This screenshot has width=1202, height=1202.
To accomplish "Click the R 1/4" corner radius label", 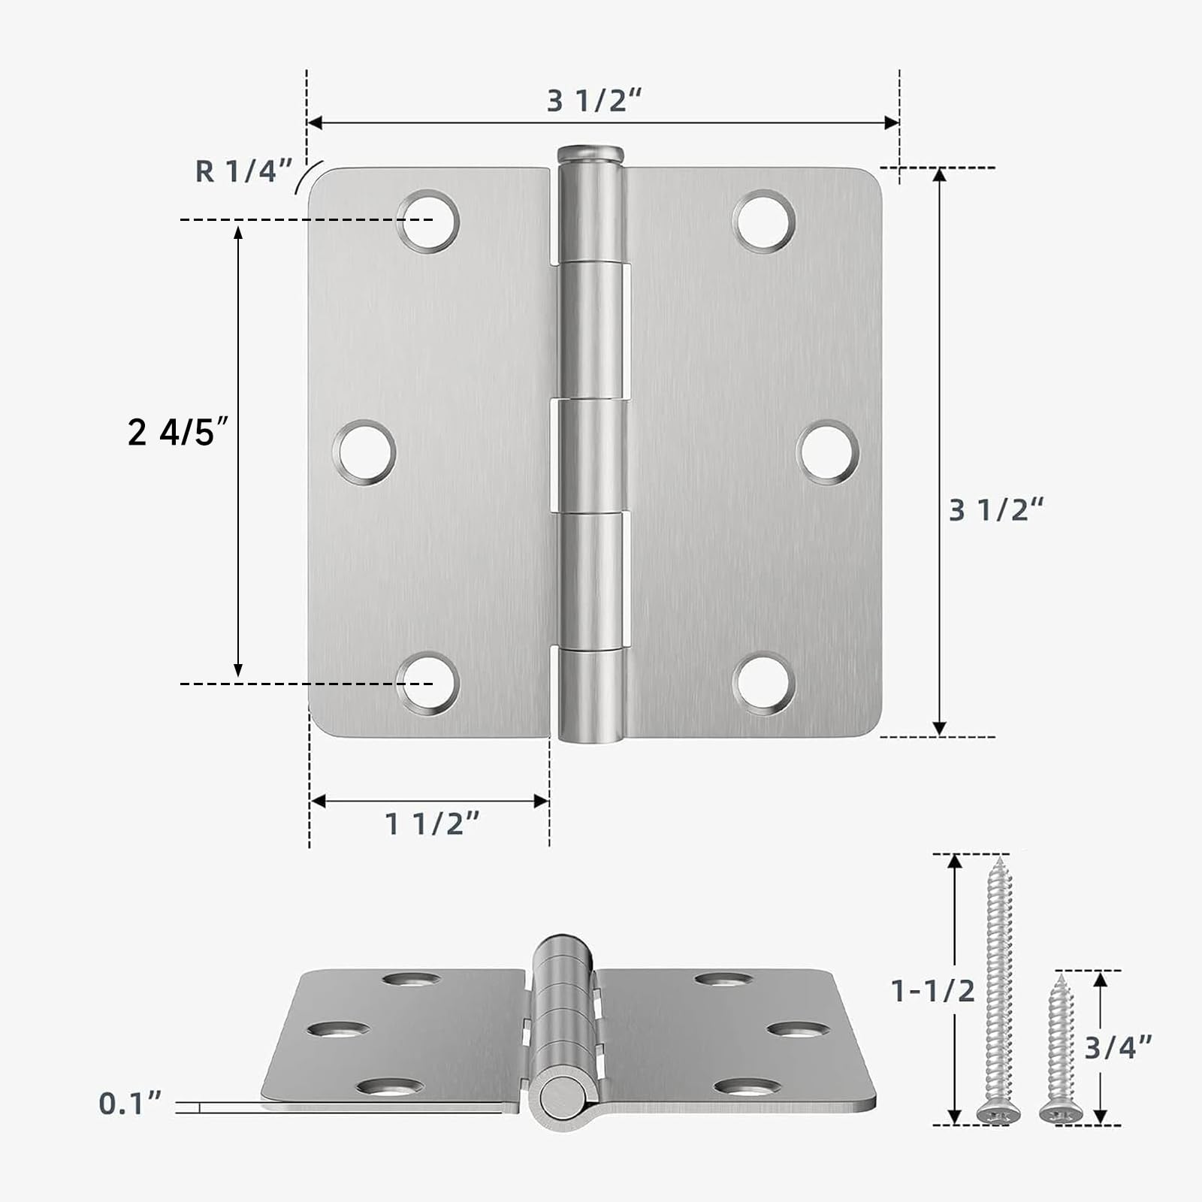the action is tap(243, 171).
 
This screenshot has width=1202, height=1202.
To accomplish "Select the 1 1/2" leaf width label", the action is tap(432, 824).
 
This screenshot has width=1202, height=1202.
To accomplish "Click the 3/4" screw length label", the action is tap(1118, 1046).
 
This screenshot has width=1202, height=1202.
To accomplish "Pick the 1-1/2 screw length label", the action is tap(932, 991).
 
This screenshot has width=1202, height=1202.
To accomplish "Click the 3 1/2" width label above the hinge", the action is tap(594, 101).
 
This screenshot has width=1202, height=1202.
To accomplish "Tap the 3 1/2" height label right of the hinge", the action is tap(996, 510).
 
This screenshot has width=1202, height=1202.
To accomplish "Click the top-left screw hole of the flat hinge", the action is tap(427, 221).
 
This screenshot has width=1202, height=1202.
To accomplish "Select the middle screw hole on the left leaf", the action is tap(364, 452).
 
